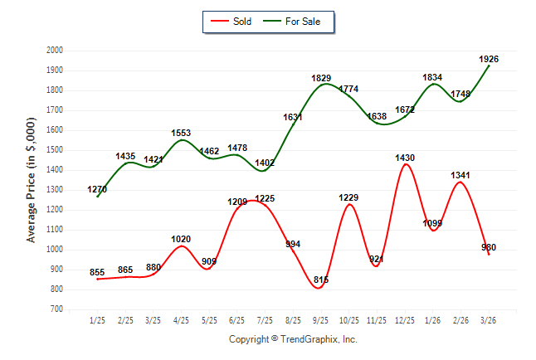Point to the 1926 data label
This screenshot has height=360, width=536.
click(489, 59)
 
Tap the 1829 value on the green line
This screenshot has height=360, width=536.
click(321, 78)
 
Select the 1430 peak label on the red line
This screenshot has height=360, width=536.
click(405, 158)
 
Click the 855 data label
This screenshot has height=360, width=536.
click(97, 272)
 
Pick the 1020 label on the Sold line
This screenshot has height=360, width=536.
click(181, 239)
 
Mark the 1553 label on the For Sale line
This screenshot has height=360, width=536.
click(181, 133)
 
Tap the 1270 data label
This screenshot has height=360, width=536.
click(97, 190)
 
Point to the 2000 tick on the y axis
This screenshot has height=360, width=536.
click(55, 51)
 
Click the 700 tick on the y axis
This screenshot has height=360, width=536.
click(57, 309)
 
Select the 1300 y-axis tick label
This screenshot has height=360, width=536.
click(55, 190)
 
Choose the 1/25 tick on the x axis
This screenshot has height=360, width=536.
click(97, 321)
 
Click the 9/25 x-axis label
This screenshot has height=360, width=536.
click(321, 321)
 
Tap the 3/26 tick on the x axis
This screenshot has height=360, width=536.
click(489, 321)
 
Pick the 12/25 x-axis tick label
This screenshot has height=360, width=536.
click(405, 321)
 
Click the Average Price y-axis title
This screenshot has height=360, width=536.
click(32, 180)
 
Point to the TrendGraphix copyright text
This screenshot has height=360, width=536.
click(293, 339)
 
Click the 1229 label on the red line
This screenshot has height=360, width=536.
click(348, 197)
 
